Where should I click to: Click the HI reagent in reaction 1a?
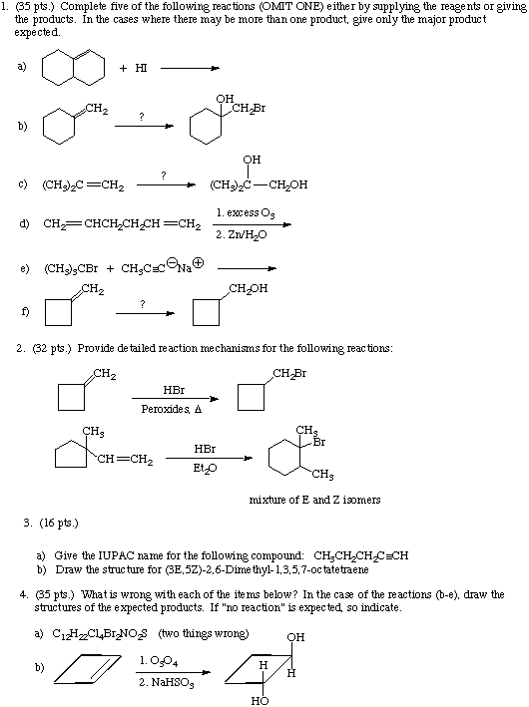click(x=141, y=68)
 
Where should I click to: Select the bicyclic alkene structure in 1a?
click(x=73, y=67)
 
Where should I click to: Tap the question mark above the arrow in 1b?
click(x=142, y=117)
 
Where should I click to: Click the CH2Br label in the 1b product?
click(x=249, y=109)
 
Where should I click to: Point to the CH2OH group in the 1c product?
click(x=288, y=184)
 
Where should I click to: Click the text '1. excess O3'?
click(x=246, y=212)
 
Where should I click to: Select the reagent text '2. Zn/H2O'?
click(x=241, y=235)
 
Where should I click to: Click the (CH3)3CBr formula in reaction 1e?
click(x=71, y=268)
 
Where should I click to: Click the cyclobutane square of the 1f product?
click(x=207, y=312)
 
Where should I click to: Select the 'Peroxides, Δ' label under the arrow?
click(x=172, y=409)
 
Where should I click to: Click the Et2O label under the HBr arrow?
click(x=205, y=468)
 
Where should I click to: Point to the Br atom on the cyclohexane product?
click(x=319, y=442)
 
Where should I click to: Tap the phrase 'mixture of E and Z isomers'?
click(x=315, y=500)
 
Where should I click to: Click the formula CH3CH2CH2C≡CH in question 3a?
click(x=361, y=555)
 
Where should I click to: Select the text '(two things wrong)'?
click(x=203, y=633)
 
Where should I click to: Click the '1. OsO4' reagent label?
click(x=159, y=661)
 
